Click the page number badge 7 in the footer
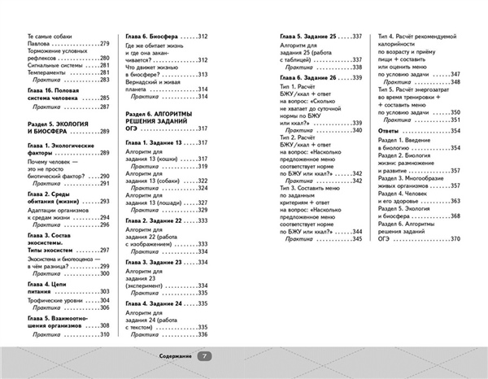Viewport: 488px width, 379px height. [205, 355]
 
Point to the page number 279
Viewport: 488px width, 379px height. [102, 43]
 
